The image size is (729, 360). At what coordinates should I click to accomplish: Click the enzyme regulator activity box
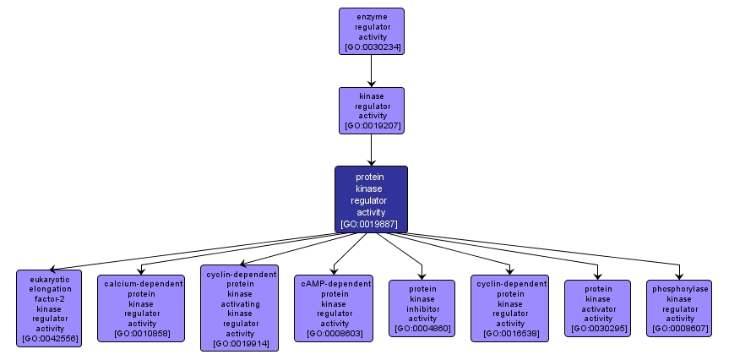coord(372,31)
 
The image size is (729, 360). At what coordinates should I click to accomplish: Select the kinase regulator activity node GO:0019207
coord(372,111)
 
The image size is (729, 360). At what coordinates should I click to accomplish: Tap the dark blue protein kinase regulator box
coord(372,199)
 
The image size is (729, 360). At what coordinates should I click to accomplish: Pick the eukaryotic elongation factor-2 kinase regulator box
coord(49,308)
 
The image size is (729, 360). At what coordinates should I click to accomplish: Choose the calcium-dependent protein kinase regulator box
coord(141,308)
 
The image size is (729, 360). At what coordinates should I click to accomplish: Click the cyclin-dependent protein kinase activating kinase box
coord(239,308)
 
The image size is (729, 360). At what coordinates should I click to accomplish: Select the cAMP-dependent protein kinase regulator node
coord(334,308)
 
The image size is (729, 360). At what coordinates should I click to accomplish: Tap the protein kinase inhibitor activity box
coord(422,308)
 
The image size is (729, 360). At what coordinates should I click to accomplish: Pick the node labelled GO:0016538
coord(509,308)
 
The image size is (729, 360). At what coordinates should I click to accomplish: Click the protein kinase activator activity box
coord(597,308)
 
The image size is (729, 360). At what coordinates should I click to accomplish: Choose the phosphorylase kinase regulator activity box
coord(679,308)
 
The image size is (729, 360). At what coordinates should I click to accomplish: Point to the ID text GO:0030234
coord(373,47)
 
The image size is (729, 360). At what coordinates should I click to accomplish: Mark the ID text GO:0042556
coord(50,338)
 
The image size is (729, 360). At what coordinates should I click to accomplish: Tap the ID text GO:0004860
coord(422,329)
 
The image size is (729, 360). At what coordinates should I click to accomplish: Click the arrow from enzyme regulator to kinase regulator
coord(371,71)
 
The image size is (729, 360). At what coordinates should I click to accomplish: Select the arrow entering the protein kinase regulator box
coord(371,150)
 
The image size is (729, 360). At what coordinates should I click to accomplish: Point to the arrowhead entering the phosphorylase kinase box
coord(679,275)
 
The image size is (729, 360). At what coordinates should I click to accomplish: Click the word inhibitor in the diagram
coord(422,308)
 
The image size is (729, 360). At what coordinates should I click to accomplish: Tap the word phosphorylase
coord(680,289)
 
